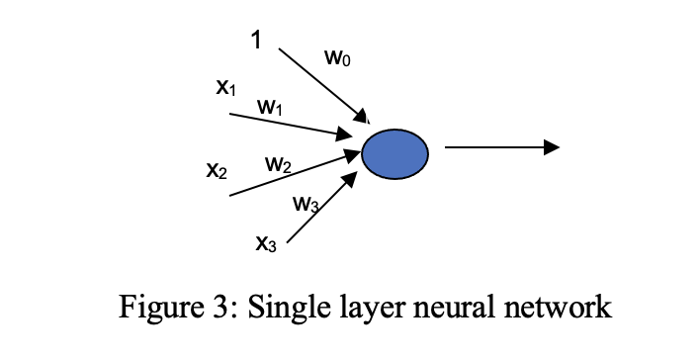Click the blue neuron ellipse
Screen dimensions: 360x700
(394, 154)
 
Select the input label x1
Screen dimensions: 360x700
(226, 88)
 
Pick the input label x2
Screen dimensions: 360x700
(217, 170)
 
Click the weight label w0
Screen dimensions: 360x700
(337, 59)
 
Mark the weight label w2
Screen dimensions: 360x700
(278, 163)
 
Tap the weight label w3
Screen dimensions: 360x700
(306, 205)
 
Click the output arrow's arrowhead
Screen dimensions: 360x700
(552, 147)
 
